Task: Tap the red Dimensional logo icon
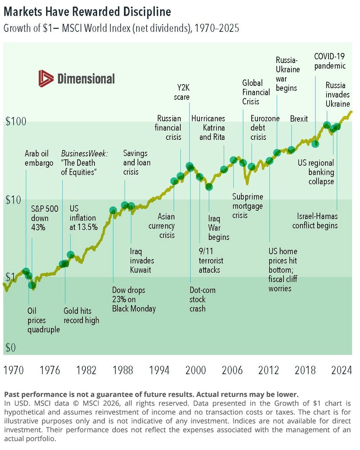tap(46, 78)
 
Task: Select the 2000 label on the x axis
tap(196, 370)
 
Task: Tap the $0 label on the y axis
tap(11, 348)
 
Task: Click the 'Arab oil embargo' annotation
tap(39, 158)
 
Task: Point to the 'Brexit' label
tap(299, 119)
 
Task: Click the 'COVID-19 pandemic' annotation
tap(329, 61)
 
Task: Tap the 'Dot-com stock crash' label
tap(202, 300)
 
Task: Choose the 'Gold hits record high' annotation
tap(81, 315)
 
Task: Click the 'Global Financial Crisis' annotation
tap(256, 92)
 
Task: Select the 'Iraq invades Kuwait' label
tap(142, 260)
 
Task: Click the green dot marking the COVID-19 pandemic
tap(315, 143)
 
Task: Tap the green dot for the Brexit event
tap(291, 150)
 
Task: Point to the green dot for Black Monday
tap(113, 210)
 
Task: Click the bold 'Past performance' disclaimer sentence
tap(151, 394)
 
